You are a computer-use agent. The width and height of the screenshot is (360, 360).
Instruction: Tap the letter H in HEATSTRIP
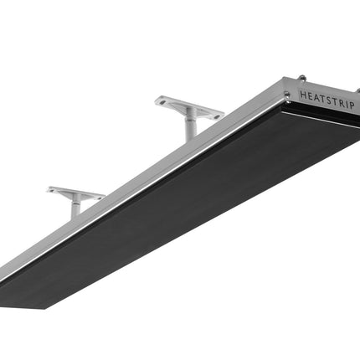coord(302,95)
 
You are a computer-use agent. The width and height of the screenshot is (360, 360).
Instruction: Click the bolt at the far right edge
coord(357,90)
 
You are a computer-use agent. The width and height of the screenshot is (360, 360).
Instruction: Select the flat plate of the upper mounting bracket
coord(189,106)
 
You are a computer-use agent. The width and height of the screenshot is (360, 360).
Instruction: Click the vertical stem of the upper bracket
coord(192,126)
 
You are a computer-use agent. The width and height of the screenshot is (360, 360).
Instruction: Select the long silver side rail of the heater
coord(142,184)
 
